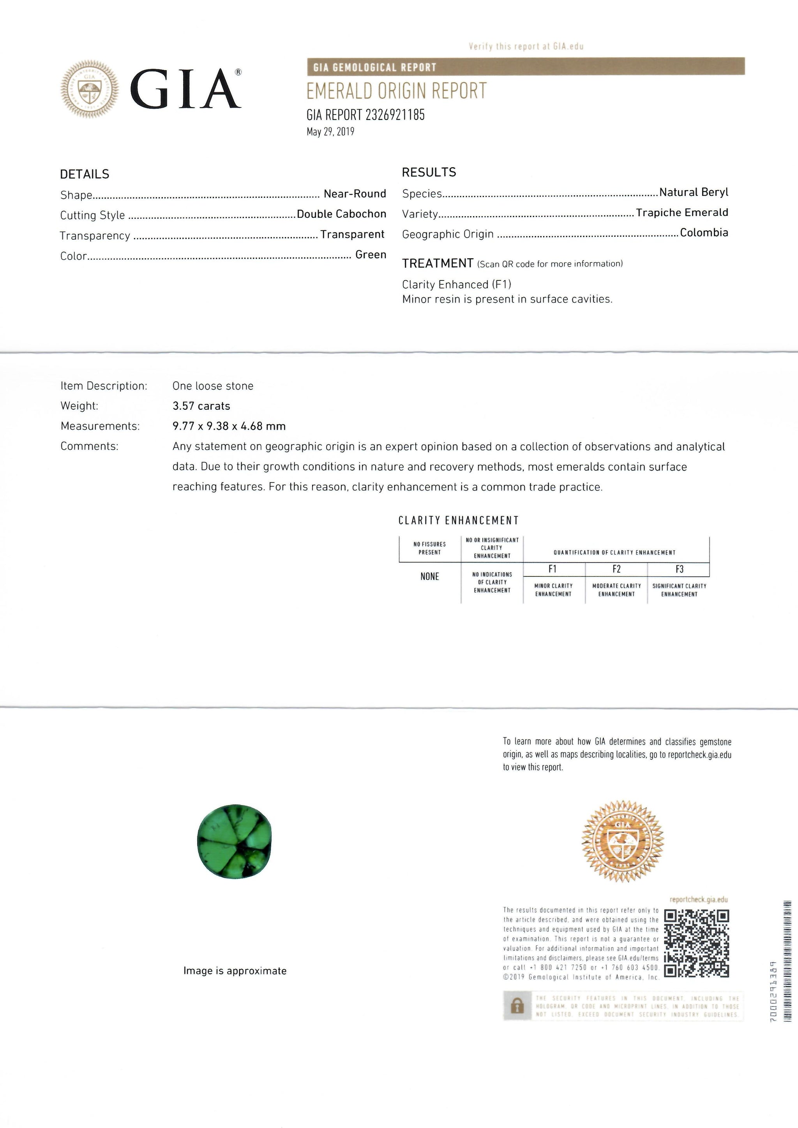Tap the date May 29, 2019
click(x=330, y=132)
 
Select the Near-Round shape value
click(x=354, y=194)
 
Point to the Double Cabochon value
click(x=341, y=214)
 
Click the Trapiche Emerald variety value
click(x=681, y=213)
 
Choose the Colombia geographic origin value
click(x=704, y=233)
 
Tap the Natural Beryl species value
click(x=693, y=192)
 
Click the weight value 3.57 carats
click(x=201, y=406)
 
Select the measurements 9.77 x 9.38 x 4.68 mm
click(x=229, y=426)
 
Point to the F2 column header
click(x=616, y=569)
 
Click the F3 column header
click(x=679, y=569)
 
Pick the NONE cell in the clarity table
click(x=429, y=577)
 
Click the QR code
click(x=696, y=943)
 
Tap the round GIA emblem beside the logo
click(x=90, y=89)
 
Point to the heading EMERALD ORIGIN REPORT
click(x=396, y=92)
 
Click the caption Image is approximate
click(x=235, y=971)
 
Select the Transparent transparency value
click(x=352, y=234)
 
